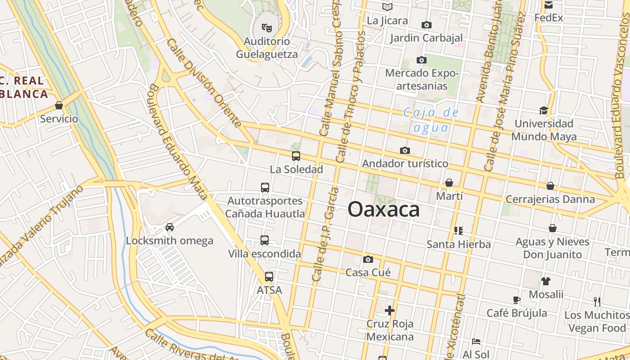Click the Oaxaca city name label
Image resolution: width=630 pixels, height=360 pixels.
point(383,209)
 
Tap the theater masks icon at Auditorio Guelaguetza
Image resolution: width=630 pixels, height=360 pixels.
point(267,28)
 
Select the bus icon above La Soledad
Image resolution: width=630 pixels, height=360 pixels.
point(296,156)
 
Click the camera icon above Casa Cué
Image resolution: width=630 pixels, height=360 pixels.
point(368,259)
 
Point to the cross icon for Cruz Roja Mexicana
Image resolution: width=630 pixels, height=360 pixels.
point(390,310)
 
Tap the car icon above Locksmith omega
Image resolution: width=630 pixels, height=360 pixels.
point(170,227)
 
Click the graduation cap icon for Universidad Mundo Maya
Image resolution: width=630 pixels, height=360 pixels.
point(544,110)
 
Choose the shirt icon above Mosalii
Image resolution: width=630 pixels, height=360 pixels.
point(546,281)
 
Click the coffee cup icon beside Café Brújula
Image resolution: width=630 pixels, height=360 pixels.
point(516,300)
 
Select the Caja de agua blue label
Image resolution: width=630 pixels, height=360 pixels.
point(431,120)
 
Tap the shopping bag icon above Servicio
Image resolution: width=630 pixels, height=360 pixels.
point(58,106)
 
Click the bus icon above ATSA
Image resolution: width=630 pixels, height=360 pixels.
point(269,277)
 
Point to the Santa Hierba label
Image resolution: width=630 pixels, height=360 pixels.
point(459,244)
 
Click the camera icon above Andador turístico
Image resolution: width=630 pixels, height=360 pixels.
point(405,150)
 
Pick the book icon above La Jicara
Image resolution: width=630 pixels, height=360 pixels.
point(387,7)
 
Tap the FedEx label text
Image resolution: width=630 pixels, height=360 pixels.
point(549,18)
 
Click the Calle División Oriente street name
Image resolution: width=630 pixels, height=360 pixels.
point(204,82)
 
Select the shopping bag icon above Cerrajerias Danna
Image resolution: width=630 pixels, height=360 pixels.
point(550,186)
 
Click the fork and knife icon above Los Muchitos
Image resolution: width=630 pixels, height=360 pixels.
point(597,301)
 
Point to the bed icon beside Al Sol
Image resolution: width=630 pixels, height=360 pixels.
point(476,342)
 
